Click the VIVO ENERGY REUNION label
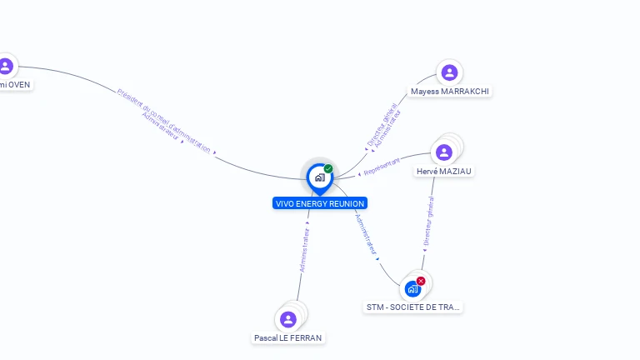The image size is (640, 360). click(x=320, y=203)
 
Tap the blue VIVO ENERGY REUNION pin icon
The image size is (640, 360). click(x=319, y=177)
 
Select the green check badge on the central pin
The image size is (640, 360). click(x=328, y=169)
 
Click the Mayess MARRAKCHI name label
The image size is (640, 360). click(x=450, y=92)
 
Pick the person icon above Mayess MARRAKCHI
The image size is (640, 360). click(x=449, y=72)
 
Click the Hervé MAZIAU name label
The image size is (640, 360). click(x=444, y=172)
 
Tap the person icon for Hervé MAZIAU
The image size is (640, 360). click(x=444, y=152)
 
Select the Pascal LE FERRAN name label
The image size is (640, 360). click(x=288, y=338)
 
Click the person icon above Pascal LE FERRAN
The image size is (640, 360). click(x=288, y=319)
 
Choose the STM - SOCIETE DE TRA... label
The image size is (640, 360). click(x=413, y=307)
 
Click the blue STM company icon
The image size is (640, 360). click(x=412, y=289)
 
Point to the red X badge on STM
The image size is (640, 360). click(x=421, y=281)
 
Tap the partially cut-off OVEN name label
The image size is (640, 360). click(x=16, y=85)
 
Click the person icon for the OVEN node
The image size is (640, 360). click(x=6, y=66)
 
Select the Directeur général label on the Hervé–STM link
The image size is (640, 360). click(x=428, y=221)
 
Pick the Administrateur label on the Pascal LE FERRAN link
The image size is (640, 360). click(x=306, y=250)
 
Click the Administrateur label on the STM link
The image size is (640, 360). click(x=366, y=234)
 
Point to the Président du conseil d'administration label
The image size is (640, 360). click(x=164, y=120)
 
